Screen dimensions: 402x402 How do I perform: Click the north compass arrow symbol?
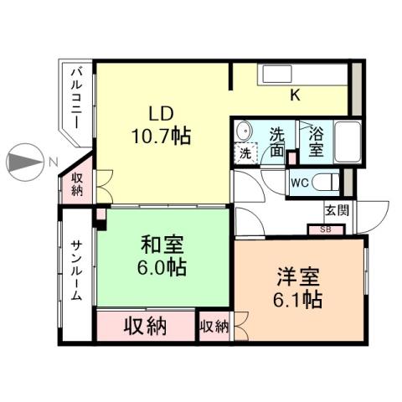coord(23,162)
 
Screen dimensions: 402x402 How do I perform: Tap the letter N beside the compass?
coord(52,162)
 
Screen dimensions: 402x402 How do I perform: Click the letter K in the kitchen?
coord(295,95)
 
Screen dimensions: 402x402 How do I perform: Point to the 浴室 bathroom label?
coord(317,141)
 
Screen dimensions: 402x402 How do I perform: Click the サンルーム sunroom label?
coord(75,273)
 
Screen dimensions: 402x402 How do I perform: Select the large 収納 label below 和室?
coord(145,325)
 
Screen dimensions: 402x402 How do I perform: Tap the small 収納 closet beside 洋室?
coord(214,326)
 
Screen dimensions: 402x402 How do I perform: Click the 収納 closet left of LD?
coord(77,183)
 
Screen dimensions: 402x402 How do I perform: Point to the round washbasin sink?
coord(245,131)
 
